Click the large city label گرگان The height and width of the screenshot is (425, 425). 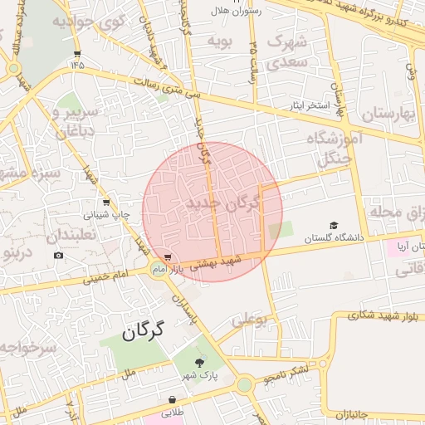pos(144,332)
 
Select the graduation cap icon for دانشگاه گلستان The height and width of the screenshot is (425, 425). pos(334,225)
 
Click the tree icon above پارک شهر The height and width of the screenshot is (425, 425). pos(199,362)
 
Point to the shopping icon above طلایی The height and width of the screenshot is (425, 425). pos(172,399)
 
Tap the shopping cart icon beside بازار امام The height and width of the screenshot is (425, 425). pos(169,257)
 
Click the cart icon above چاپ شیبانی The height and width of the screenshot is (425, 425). pos(106,202)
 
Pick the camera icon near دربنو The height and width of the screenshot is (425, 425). pos(58,255)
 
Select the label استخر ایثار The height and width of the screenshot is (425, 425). pos(310,107)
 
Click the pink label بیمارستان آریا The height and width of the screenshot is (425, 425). pos(413,246)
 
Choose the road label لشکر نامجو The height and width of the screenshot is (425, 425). pos(285,374)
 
